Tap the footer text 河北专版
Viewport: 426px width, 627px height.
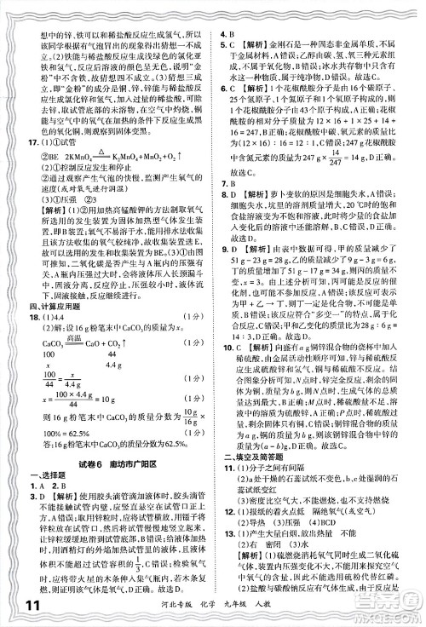point(260,606)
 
